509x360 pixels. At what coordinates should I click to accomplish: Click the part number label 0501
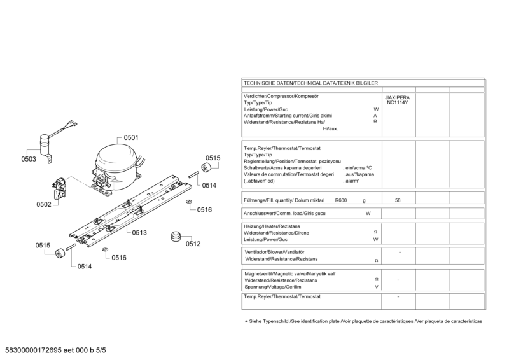[x=131, y=138]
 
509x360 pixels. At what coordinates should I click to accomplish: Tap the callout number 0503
[x=29, y=160]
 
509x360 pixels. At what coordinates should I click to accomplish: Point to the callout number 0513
[x=139, y=233]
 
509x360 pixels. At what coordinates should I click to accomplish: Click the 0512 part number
[x=193, y=244]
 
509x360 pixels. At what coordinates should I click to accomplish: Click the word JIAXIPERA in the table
[x=398, y=97]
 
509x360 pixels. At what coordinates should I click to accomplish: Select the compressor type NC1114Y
[x=398, y=103]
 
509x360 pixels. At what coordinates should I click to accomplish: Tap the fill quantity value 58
[x=398, y=200]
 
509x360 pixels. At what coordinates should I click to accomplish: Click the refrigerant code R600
[x=341, y=200]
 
